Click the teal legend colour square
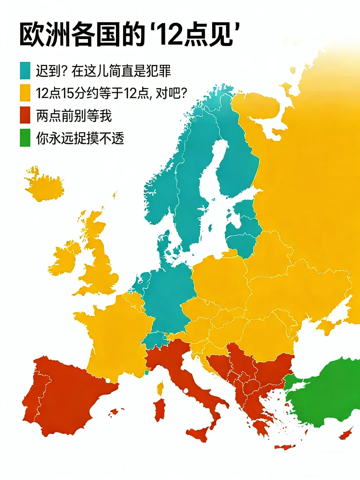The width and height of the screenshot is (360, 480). pyautogui.click(x=25, y=70)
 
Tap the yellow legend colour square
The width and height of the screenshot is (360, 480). pyautogui.click(x=25, y=93)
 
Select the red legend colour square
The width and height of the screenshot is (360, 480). pyautogui.click(x=25, y=115)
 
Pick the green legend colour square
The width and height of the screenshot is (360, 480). pyautogui.click(x=25, y=138)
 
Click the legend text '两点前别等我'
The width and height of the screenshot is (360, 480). pyautogui.click(x=74, y=115)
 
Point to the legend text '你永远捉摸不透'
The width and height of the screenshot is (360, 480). pyautogui.click(x=80, y=138)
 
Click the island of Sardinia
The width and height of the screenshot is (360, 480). pyautogui.click(x=160, y=408)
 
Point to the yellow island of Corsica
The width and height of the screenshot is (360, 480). pyautogui.click(x=161, y=388)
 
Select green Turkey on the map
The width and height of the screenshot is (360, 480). pyautogui.click(x=327, y=393)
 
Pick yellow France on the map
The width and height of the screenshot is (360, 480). pyautogui.click(x=113, y=330)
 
